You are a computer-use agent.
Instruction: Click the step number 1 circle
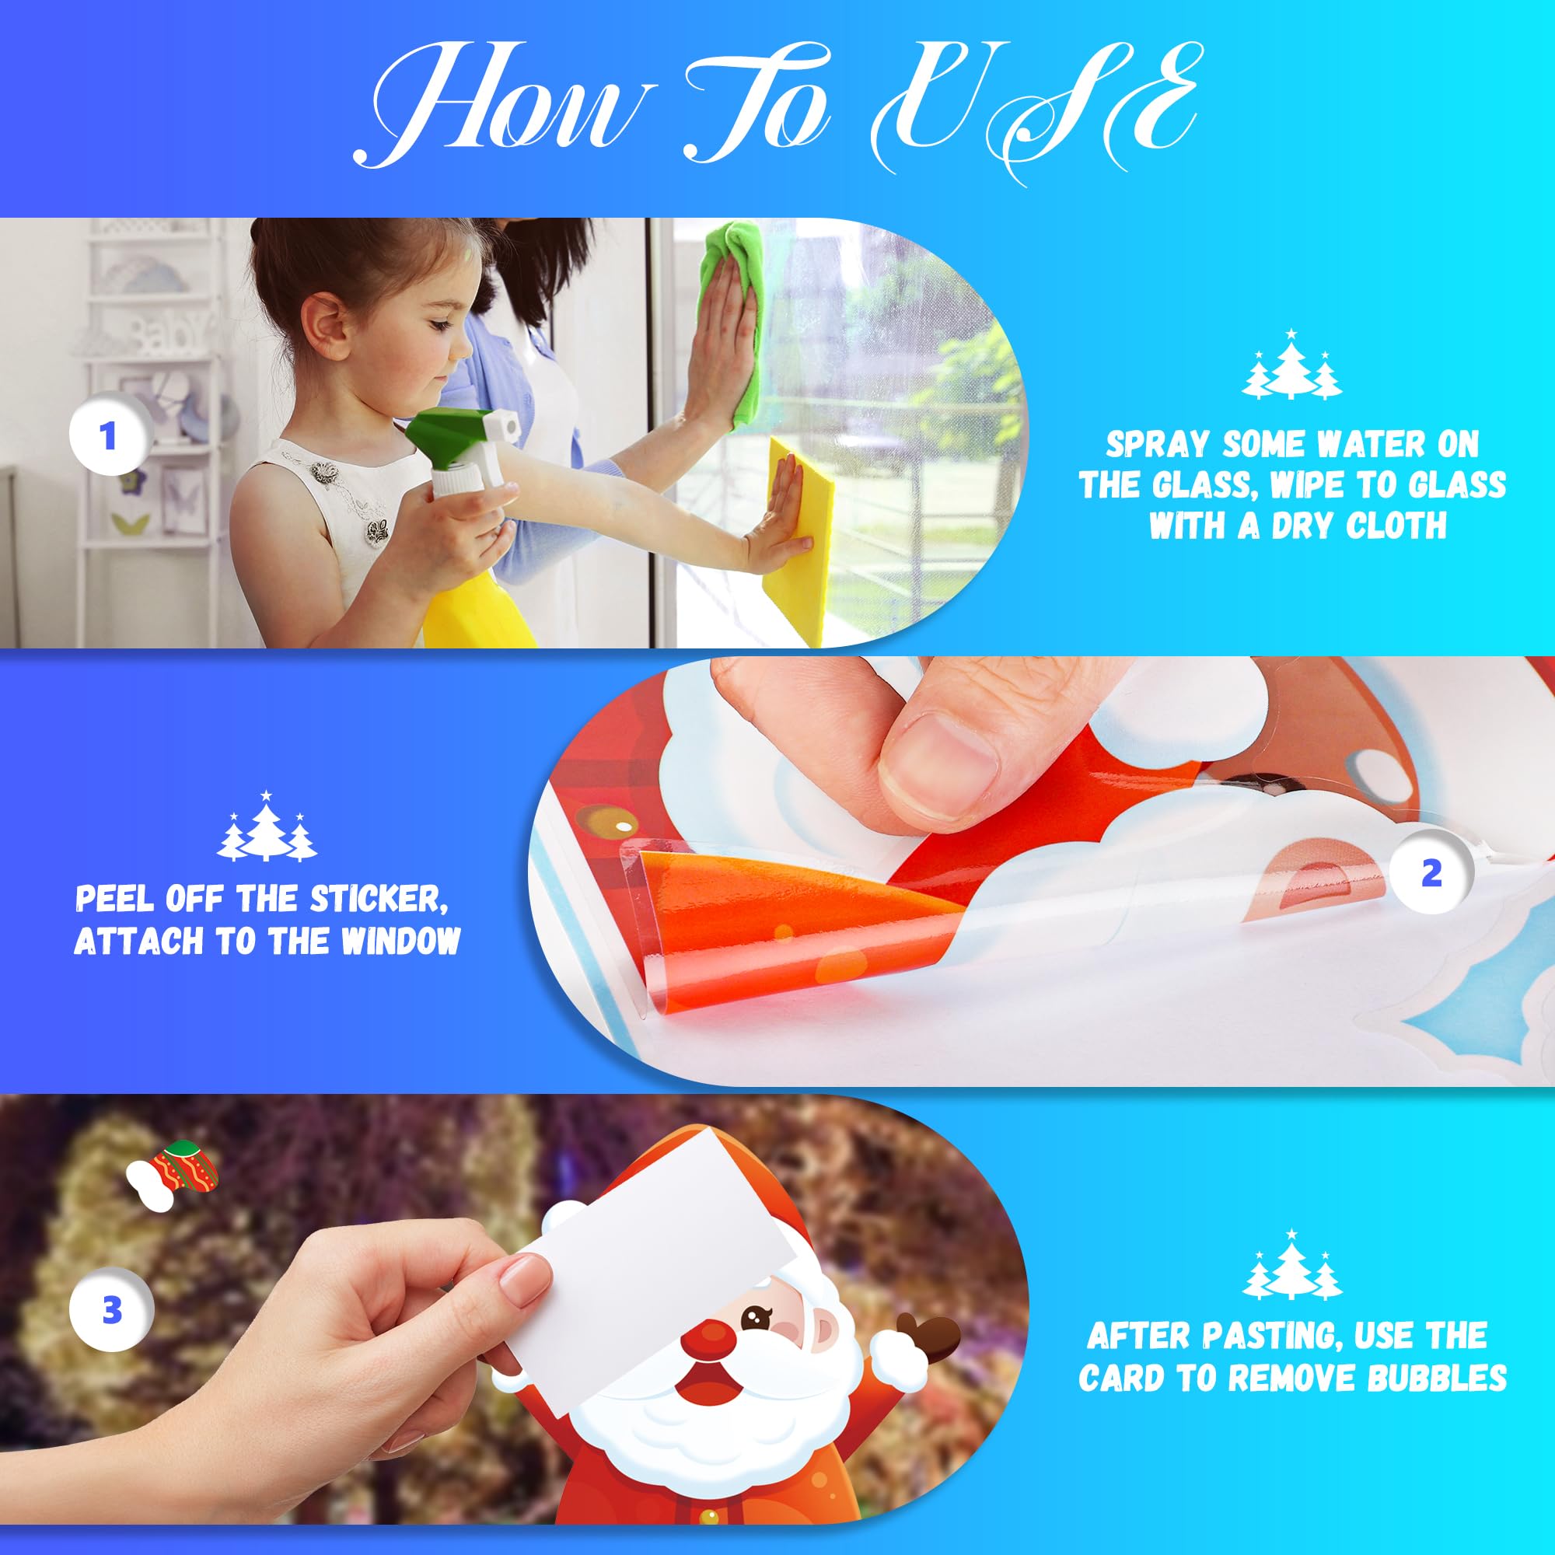[x=109, y=437]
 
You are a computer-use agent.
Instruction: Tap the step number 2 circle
[x=1431, y=874]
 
